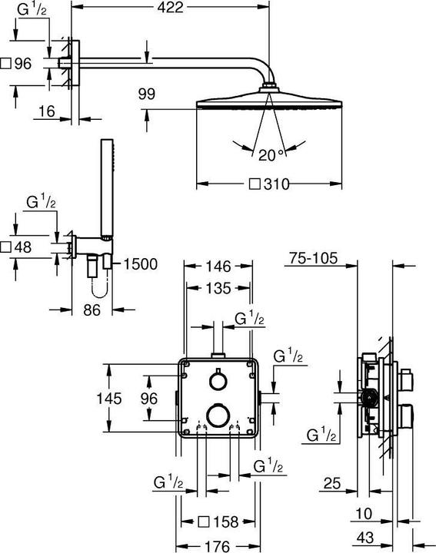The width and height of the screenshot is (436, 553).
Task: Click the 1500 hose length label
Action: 140,264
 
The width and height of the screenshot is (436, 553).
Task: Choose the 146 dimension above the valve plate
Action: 218,268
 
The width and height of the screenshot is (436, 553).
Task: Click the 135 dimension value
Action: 218,289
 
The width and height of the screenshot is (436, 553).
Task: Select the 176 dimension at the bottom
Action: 218,546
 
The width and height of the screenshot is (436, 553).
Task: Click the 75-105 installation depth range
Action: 314,259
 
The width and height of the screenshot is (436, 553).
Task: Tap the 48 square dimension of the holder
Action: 17,247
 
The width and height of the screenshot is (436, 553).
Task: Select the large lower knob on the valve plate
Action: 218,416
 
